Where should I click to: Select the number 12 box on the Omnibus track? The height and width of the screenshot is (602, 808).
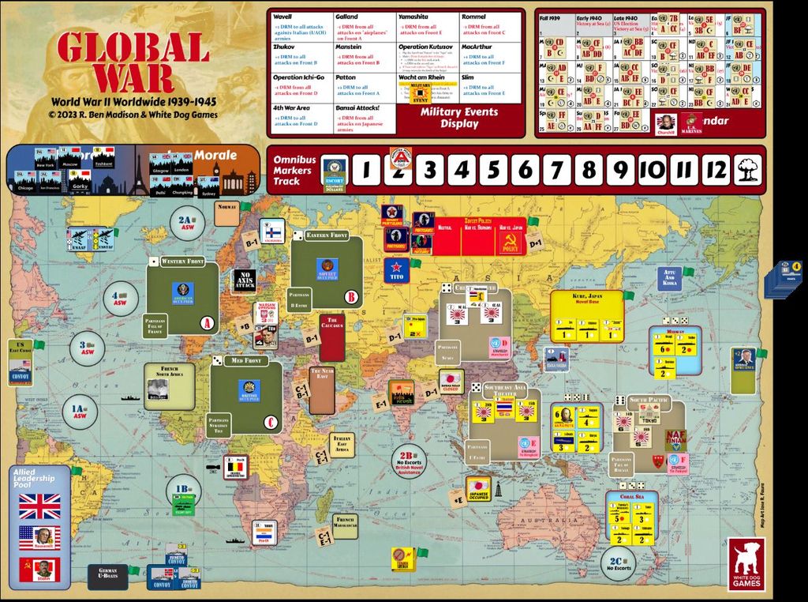click(x=716, y=170)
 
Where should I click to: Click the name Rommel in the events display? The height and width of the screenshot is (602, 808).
click(x=475, y=17)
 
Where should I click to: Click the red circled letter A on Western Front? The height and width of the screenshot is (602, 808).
click(x=208, y=322)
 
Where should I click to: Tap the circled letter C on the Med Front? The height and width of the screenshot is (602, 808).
click(x=271, y=423)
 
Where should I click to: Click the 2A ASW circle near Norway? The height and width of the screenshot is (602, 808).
click(x=186, y=224)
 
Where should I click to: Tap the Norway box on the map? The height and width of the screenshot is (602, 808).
click(x=226, y=213)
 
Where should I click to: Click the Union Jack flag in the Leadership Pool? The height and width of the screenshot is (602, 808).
click(x=40, y=505)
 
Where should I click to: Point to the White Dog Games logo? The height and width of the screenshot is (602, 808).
click(x=746, y=565)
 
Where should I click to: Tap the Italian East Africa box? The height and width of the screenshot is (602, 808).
click(x=342, y=445)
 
